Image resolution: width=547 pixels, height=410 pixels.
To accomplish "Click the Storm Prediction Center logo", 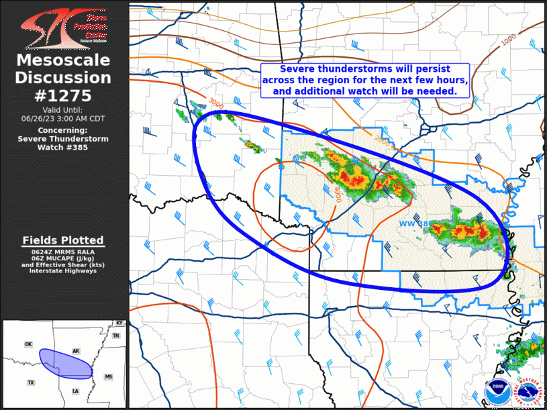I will pos(64,28).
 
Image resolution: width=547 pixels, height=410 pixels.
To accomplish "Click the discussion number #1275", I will pos(63,95).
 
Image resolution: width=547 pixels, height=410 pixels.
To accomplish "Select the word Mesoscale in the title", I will pos(63,61).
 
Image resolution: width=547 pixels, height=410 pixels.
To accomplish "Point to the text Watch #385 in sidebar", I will pos(63,147).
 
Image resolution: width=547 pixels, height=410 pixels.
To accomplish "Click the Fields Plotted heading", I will pos(63,240).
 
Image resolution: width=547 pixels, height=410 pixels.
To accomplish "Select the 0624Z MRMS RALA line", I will pos(63,252).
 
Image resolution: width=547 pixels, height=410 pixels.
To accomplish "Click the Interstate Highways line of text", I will pos(63,270).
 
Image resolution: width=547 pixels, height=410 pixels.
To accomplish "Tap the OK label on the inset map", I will pos(28,344).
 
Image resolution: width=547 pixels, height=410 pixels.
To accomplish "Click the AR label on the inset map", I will pos(76,351).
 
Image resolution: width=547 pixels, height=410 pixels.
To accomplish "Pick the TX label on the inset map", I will pos(30,382).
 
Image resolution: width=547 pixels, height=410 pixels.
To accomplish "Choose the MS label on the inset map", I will pos(109,377).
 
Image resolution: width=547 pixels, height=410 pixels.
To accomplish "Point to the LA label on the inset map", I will pos(75,391).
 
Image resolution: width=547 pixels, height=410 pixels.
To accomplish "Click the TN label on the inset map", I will pos(115,336).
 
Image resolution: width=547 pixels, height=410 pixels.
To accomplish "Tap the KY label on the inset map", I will pos(119,323).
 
